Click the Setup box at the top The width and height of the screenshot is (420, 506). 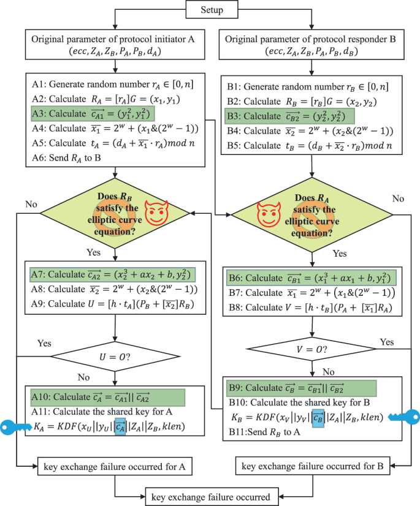click(x=211, y=10)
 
